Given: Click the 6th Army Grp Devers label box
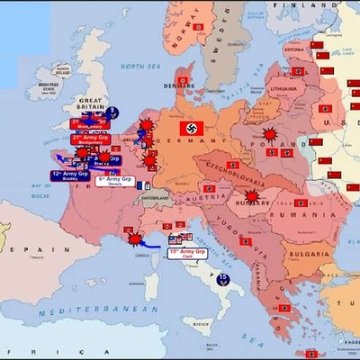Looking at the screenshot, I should click(115, 181).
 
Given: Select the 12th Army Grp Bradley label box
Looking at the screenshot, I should click(70, 175).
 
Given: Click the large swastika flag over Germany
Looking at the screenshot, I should click(191, 128).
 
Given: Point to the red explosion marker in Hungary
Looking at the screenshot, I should click(255, 194).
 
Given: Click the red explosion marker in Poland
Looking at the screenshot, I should click(269, 138).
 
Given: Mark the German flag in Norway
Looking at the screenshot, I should click(198, 28).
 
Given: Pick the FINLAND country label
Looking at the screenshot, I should click(301, 4).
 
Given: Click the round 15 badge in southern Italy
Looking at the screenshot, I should click(223, 278).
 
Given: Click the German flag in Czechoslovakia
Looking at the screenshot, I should click(232, 165).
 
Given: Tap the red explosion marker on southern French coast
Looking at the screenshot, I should click(135, 240).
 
